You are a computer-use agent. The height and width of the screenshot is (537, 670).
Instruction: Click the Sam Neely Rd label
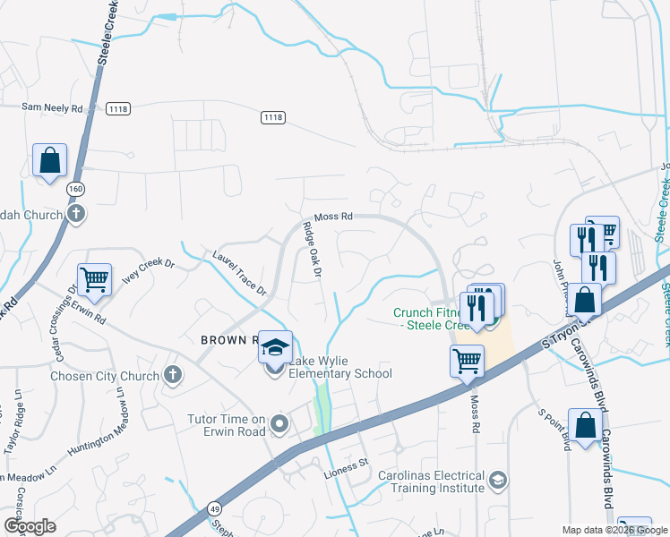coord(52,108)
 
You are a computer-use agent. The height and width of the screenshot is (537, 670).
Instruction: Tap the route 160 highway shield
coord(74,189)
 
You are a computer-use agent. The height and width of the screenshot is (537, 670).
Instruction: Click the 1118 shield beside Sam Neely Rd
coord(117,108)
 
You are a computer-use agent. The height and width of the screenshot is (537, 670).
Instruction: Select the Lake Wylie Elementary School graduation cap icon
coord(276,346)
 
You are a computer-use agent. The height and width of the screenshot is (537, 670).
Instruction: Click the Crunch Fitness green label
coord(425,319)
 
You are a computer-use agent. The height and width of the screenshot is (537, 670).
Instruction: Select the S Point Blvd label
coord(554,430)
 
